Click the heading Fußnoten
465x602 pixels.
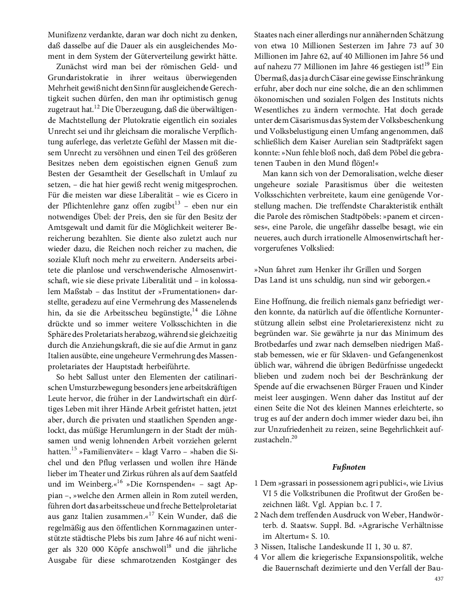tap(349, 467)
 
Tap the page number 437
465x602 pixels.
tap(439, 579)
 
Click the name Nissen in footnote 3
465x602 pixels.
tap(272, 546)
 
